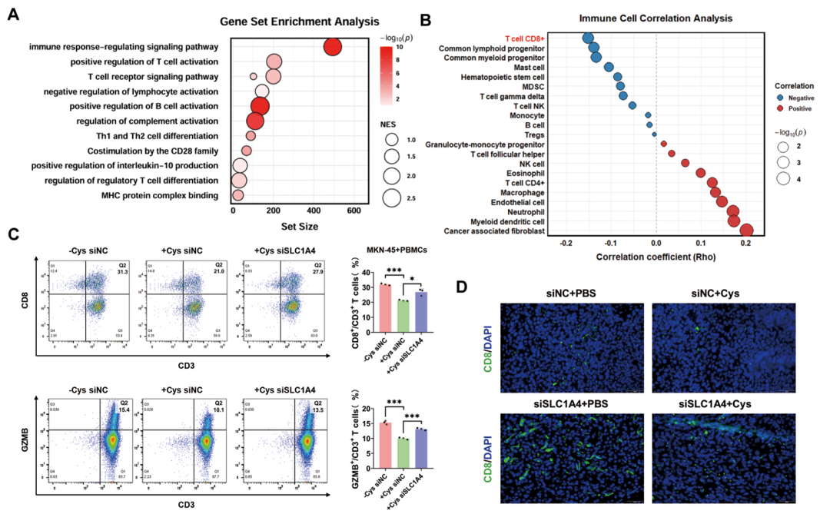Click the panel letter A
pyautogui.click(x=13, y=15)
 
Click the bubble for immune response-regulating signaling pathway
pyautogui.click(x=333, y=48)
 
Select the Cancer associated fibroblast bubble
pyautogui.click(x=746, y=230)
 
